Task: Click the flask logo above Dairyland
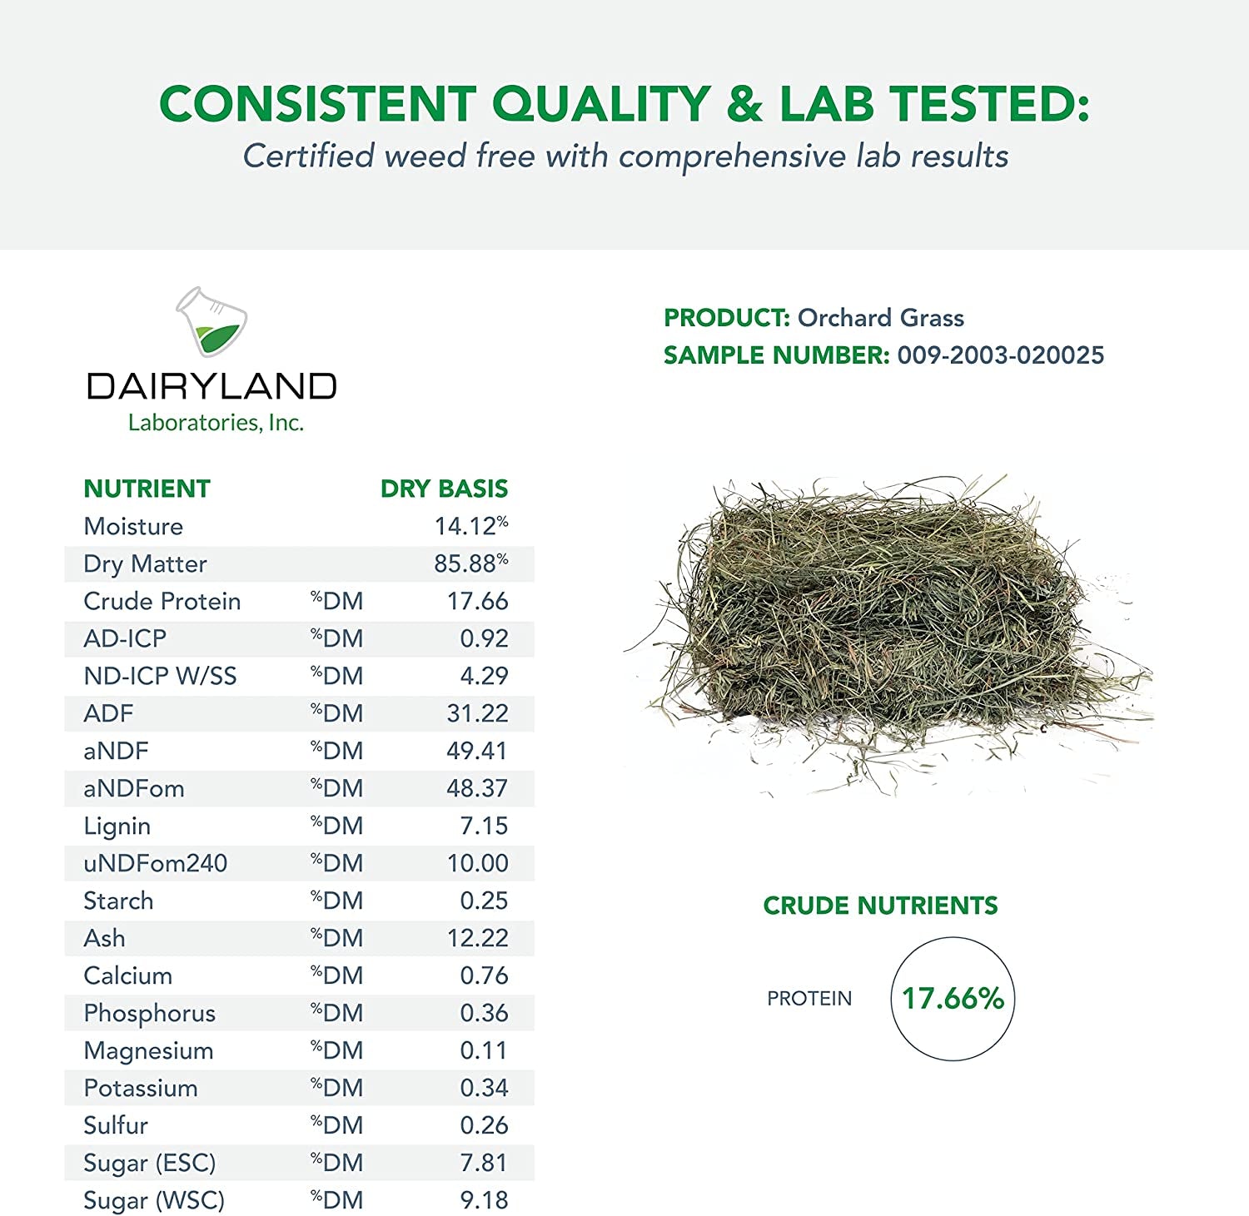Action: click(211, 321)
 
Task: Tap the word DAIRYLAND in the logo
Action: click(211, 386)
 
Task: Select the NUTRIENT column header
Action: click(147, 489)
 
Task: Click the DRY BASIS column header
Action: click(444, 489)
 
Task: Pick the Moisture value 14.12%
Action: click(471, 526)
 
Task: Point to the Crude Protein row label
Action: click(162, 601)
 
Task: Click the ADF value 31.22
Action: click(477, 713)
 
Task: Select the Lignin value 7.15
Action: click(484, 826)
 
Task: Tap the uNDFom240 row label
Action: click(156, 863)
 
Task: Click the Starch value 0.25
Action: click(484, 901)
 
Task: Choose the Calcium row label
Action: click(128, 975)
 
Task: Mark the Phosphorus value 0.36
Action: click(484, 1013)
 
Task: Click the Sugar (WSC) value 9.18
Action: click(484, 1200)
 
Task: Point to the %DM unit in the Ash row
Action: click(337, 938)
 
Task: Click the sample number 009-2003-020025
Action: click(1001, 355)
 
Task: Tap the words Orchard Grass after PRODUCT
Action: click(881, 318)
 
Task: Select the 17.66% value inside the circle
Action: click(953, 998)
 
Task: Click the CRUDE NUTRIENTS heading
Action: click(880, 906)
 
